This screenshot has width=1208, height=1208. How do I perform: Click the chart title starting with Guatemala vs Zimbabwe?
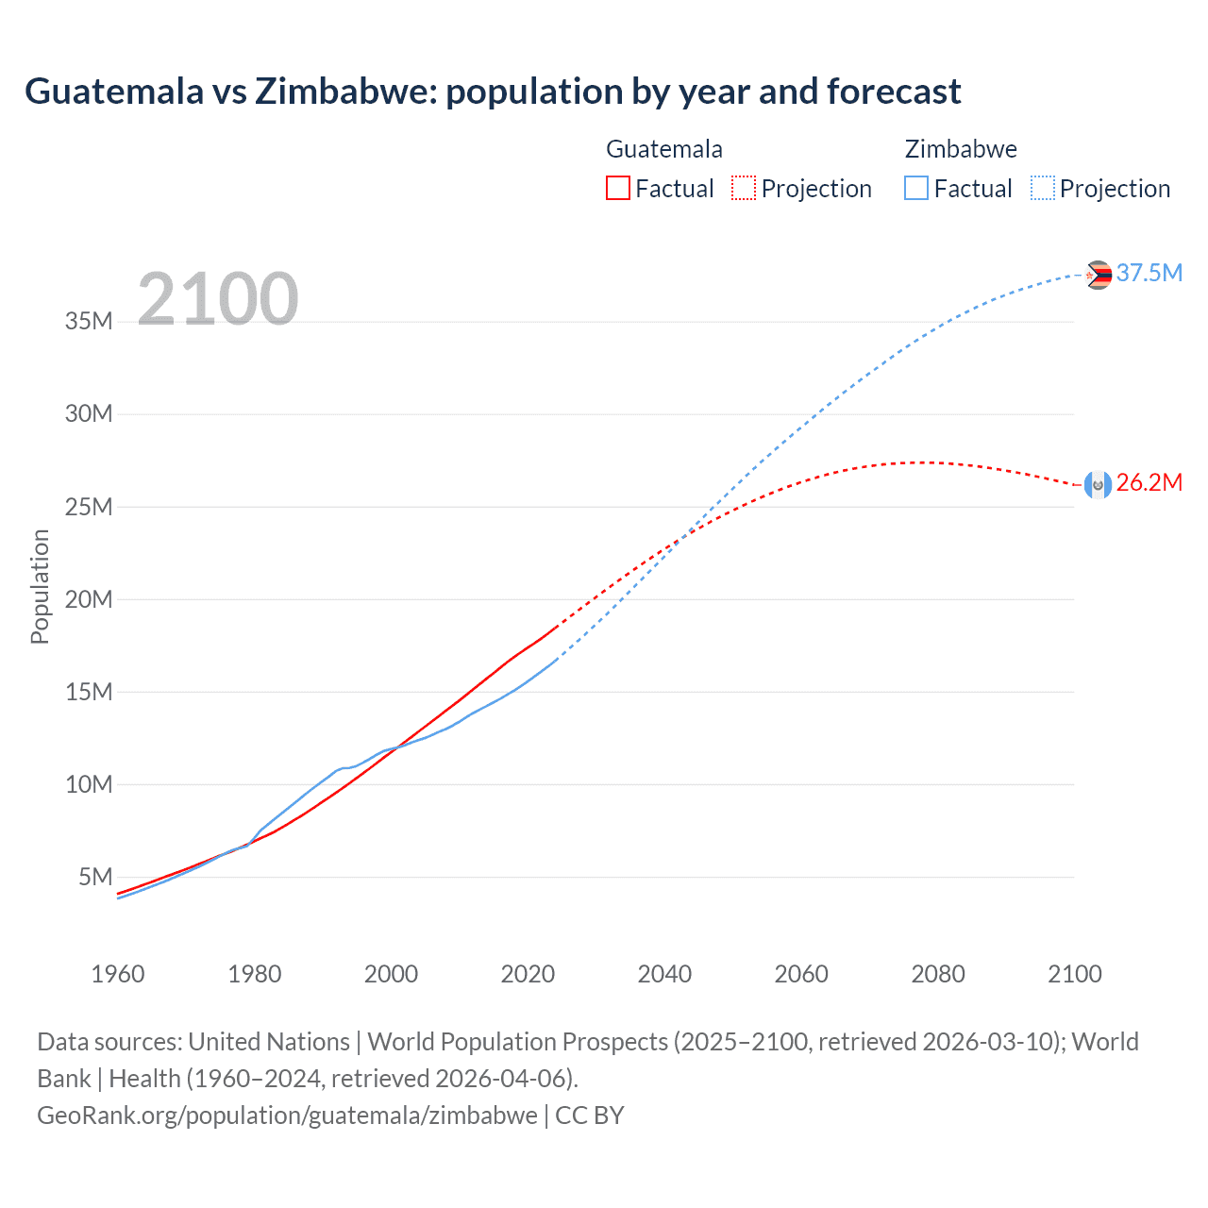(x=493, y=92)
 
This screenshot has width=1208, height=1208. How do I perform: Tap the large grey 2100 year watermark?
(x=218, y=299)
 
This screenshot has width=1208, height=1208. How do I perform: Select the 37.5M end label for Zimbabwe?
(x=1149, y=273)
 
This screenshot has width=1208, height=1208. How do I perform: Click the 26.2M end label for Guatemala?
(x=1149, y=482)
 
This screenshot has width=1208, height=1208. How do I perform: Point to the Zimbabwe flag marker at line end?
(x=1098, y=275)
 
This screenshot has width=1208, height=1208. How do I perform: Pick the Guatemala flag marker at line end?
(x=1098, y=484)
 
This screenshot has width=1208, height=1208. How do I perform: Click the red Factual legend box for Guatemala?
(x=617, y=188)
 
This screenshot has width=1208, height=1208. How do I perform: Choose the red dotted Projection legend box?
(x=744, y=188)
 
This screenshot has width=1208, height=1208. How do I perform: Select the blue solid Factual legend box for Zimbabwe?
(x=915, y=188)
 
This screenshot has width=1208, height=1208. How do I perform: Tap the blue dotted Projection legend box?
(x=1042, y=188)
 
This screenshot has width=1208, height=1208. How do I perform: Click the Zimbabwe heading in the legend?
(x=961, y=149)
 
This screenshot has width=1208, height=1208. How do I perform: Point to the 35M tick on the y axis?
(x=89, y=321)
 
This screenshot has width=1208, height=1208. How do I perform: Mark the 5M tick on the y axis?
(x=95, y=877)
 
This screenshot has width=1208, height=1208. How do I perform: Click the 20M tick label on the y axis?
(x=89, y=599)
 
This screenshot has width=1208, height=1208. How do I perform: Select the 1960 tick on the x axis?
(x=118, y=974)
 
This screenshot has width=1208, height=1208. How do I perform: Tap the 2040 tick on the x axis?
(x=664, y=974)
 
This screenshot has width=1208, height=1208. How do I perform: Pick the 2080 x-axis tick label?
(x=938, y=974)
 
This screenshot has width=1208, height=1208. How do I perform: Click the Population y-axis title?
(x=40, y=586)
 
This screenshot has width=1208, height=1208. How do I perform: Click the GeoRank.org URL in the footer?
(x=287, y=1115)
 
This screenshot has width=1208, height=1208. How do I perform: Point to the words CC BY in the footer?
(x=590, y=1115)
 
